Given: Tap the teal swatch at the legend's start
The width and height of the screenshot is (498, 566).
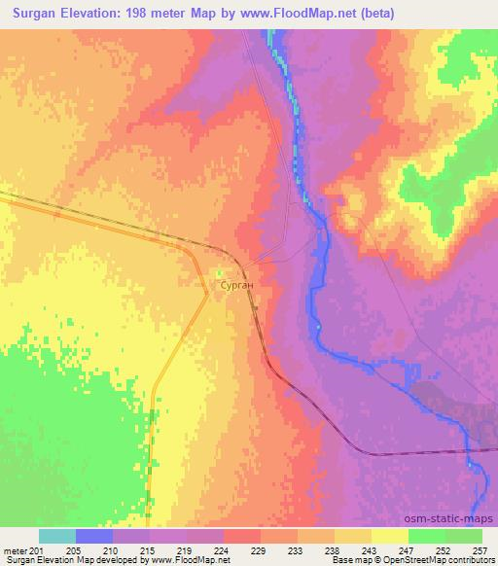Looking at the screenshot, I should click(57, 536).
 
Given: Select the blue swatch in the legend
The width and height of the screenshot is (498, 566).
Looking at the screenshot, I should click(94, 536).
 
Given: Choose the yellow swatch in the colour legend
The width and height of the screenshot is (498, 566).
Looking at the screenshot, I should click(389, 536).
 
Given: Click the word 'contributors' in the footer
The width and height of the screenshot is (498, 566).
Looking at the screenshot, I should click(466, 560).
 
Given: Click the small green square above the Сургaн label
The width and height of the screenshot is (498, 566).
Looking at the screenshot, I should click(220, 272).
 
